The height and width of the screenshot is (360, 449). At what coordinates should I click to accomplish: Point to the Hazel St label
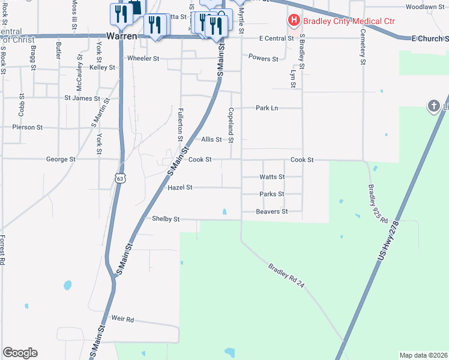tap(180, 187)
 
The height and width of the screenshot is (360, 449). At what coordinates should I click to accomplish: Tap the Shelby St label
tap(166, 219)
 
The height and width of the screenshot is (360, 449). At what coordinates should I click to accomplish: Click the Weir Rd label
tap(122, 319)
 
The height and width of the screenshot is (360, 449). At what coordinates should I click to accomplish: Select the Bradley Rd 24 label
tap(287, 276)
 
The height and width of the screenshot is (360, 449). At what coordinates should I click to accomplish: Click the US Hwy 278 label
tap(390, 241)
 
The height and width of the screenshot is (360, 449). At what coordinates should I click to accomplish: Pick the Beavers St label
tap(272, 211)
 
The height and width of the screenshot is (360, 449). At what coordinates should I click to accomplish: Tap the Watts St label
tap(272, 177)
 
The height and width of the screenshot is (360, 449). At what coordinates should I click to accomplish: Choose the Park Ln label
tap(267, 108)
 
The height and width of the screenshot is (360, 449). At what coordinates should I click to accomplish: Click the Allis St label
tap(211, 139)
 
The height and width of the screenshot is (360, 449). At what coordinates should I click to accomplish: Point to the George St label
tap(61, 160)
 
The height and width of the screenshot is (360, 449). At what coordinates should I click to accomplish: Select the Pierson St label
tap(28, 127)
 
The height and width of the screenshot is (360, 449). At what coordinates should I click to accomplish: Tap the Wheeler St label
tap(142, 58)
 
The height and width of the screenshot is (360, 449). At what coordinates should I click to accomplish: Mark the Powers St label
tap(264, 59)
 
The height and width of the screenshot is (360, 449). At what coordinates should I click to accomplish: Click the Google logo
tap(20, 353)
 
